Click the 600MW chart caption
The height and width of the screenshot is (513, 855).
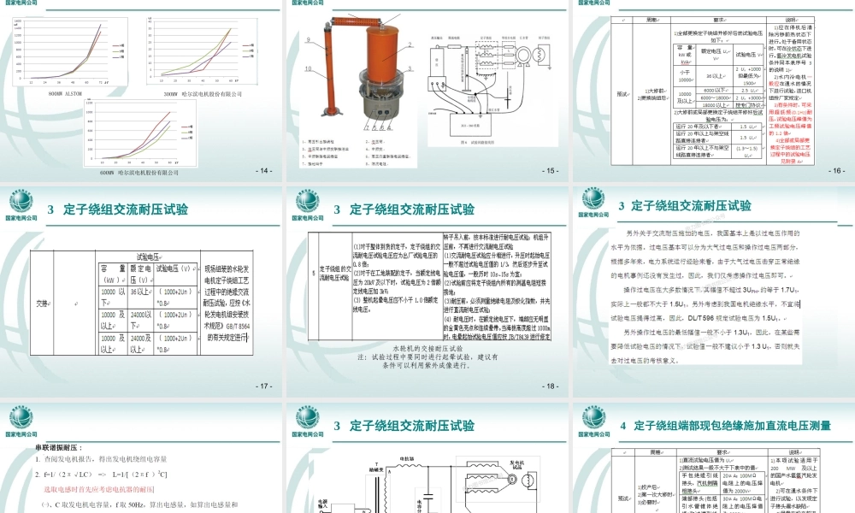click(138, 172)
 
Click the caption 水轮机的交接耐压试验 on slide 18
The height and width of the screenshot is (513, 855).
click(426, 350)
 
